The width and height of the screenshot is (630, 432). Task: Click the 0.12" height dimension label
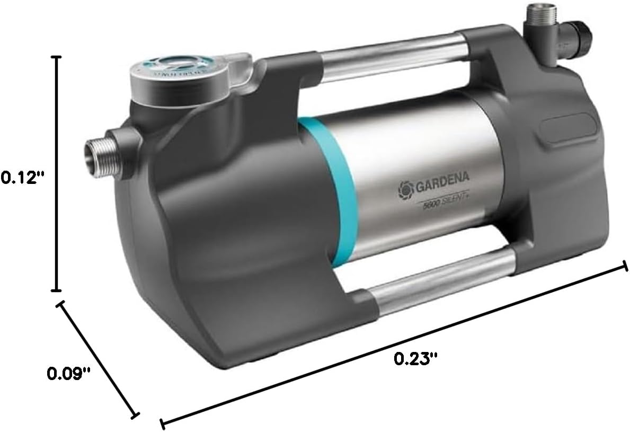21,177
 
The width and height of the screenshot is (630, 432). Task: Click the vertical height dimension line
56,175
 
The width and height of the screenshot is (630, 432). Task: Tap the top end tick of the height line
56,56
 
